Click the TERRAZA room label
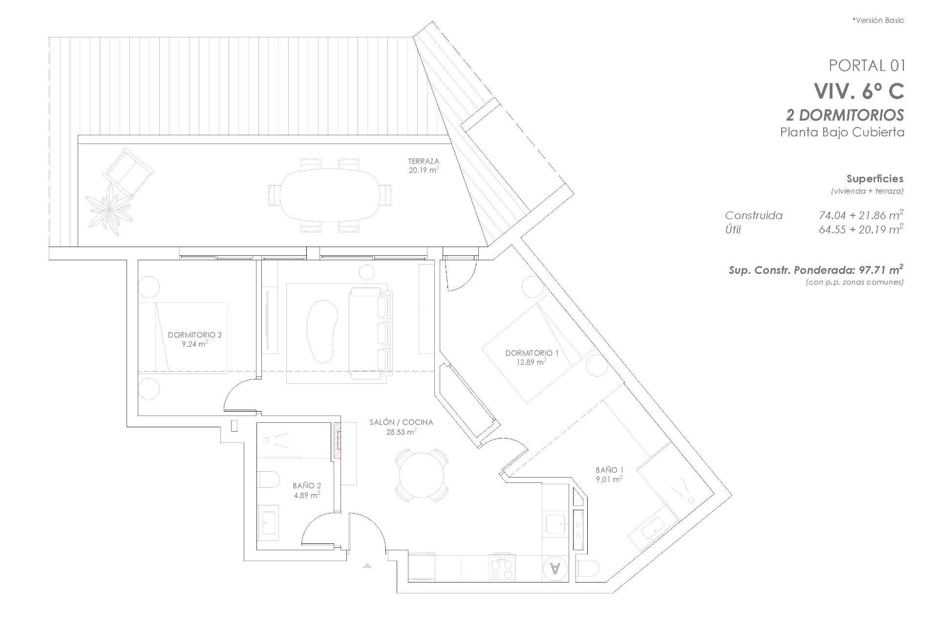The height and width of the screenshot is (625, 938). point(423,161)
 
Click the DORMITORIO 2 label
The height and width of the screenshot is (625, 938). point(194,335)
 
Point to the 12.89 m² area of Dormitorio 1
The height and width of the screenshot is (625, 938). point(532,362)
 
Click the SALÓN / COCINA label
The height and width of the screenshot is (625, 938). point(401,422)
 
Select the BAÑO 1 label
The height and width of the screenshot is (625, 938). point(609,470)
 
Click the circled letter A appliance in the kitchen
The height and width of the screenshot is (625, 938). point(555,568)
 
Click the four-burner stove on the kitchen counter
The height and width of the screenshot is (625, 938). point(503,569)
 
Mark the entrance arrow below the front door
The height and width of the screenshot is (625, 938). point(367,565)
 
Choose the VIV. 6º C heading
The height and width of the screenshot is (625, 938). point(858,91)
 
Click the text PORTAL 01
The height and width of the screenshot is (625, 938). point(867,65)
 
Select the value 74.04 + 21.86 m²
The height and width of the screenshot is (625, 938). point(860,215)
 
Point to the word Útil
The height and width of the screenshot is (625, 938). point(733,229)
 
